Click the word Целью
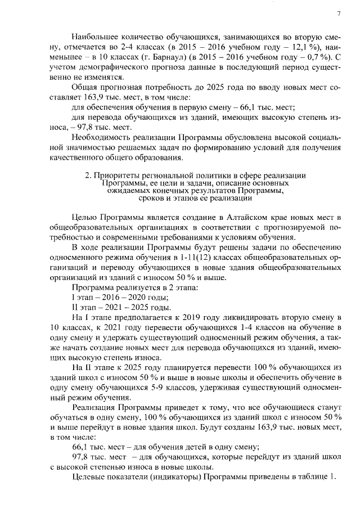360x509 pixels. coord(84,217)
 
